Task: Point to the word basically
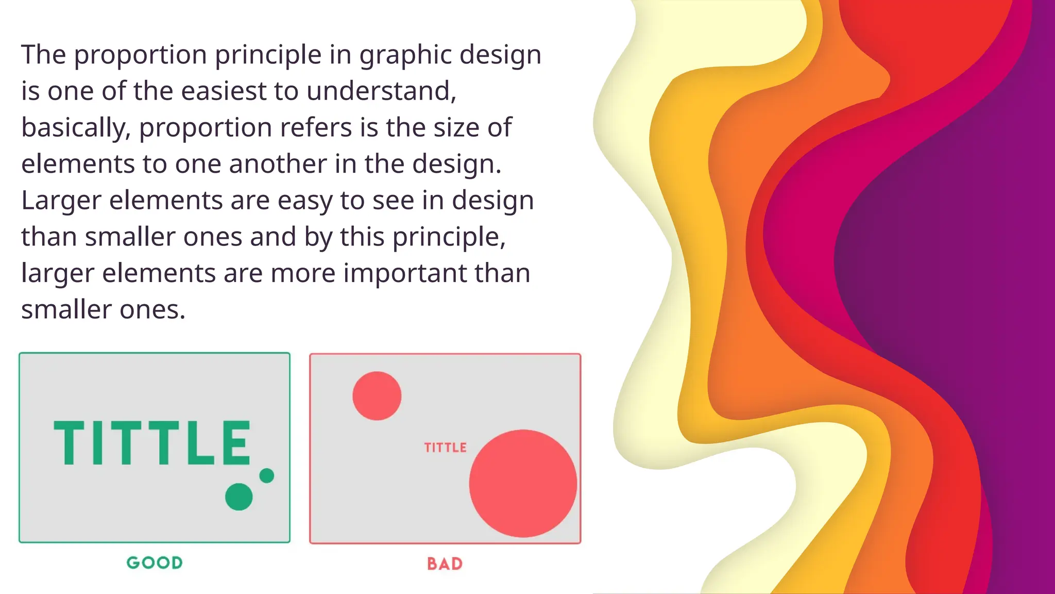point(75,128)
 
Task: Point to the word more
point(303,273)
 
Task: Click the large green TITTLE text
point(152,443)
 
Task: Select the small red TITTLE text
point(445,448)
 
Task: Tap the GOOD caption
point(155,563)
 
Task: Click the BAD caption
point(445,564)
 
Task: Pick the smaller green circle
point(267,475)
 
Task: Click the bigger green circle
point(239,497)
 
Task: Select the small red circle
point(377,395)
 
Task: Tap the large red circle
point(523,483)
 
